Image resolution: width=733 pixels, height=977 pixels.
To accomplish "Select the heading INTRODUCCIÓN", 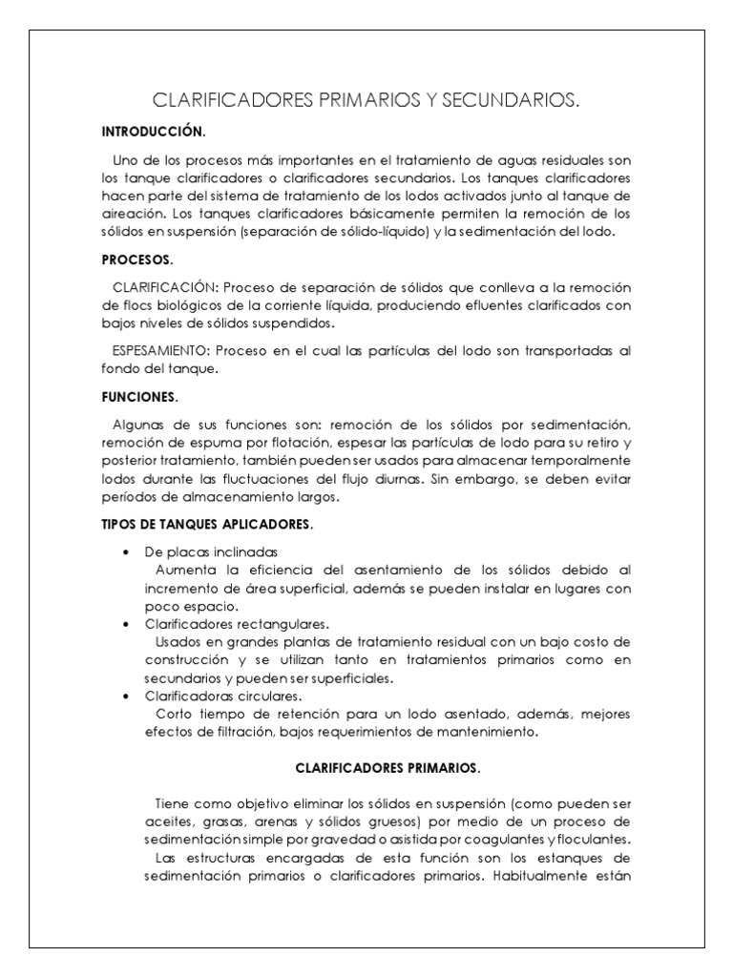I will (153, 130).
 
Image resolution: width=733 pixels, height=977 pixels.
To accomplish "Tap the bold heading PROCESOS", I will (137, 259).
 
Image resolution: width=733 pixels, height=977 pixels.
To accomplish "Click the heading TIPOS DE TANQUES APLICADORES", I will (206, 525).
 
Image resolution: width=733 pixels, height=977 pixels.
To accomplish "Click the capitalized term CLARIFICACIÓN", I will (166, 286).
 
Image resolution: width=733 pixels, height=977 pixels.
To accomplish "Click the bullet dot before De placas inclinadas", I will (127, 552).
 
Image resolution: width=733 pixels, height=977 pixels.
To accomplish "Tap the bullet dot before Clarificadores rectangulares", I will (127, 622).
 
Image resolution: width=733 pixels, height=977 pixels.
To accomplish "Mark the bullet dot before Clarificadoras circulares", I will (127, 696).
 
